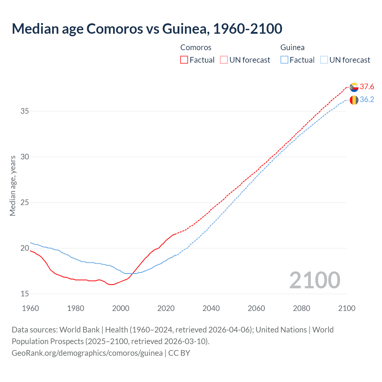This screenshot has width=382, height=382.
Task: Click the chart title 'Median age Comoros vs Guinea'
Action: [x=147, y=29]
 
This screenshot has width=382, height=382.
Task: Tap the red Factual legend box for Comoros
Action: [x=184, y=60]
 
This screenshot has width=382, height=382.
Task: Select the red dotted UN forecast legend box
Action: [x=224, y=60]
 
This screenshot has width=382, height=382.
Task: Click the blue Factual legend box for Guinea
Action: [x=284, y=60]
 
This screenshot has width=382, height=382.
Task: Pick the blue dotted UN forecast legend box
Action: [x=324, y=60]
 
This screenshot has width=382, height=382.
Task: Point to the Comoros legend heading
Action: [x=196, y=47]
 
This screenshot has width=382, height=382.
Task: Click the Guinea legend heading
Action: [x=292, y=47]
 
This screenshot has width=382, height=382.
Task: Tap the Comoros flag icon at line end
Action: [x=354, y=87]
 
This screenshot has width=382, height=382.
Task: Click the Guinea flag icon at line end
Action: [x=354, y=100]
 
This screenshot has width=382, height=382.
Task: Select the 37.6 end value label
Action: [x=367, y=87]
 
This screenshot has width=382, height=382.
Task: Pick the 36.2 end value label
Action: [x=367, y=100]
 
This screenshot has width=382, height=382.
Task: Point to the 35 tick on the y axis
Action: [x=25, y=111]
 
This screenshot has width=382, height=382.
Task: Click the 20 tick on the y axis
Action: [x=25, y=248]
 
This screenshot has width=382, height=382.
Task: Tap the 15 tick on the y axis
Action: [x=25, y=294]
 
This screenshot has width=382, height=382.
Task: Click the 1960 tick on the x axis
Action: [x=30, y=308]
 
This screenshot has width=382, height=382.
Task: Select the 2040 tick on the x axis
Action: [x=211, y=308]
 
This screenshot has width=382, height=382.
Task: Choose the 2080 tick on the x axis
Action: [x=301, y=308]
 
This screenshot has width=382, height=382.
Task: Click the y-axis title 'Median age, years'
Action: [x=13, y=186]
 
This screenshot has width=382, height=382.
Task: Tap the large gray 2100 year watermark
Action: [x=315, y=280]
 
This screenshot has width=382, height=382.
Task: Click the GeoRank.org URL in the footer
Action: [x=87, y=353]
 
